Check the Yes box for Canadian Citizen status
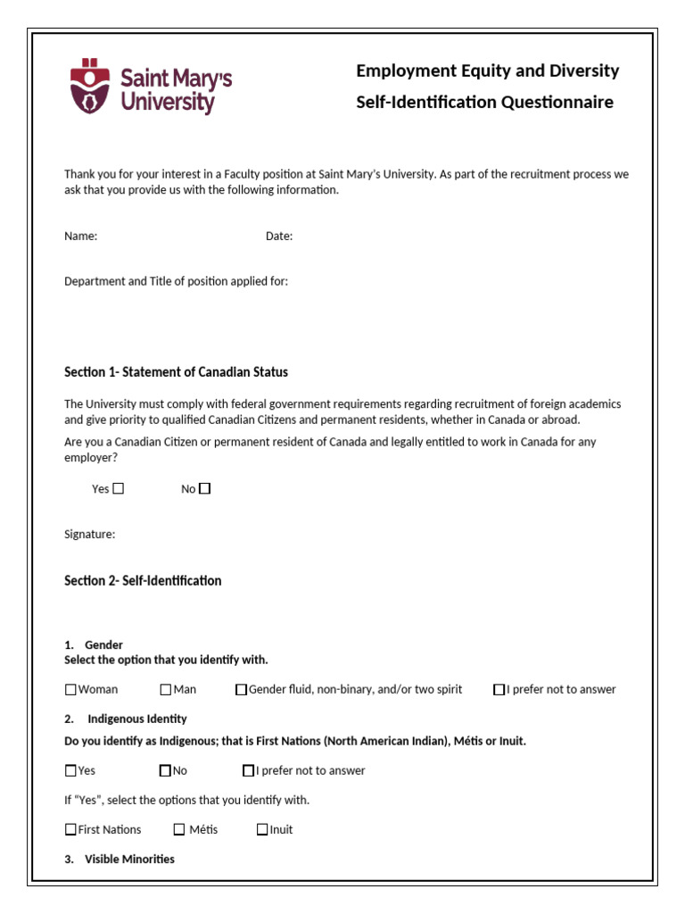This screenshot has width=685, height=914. coord(119,488)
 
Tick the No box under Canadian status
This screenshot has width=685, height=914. coord(205,488)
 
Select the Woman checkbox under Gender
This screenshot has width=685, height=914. coord(70,689)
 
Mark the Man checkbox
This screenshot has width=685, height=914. coord(166,689)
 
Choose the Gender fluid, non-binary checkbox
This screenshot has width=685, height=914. coord(241,689)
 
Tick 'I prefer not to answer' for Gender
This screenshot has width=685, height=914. coord(499,689)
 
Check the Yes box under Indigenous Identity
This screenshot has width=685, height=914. coord(70,770)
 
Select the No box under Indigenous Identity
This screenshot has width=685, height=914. coord(165,770)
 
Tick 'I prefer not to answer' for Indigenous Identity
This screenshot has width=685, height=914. coord(248,770)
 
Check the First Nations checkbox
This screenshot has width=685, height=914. coord(70,829)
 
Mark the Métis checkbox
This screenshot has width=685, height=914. coord(179,829)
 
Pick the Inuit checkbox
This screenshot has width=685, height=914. coord(262,829)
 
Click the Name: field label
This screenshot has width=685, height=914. coord(80,237)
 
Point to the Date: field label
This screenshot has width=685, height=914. coord(279,237)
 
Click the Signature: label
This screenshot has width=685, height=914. coord(89,535)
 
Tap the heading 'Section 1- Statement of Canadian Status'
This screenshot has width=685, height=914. coord(176,372)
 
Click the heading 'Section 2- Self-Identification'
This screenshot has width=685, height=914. coord(143,581)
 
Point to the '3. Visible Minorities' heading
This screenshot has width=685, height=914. coord(129,859)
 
